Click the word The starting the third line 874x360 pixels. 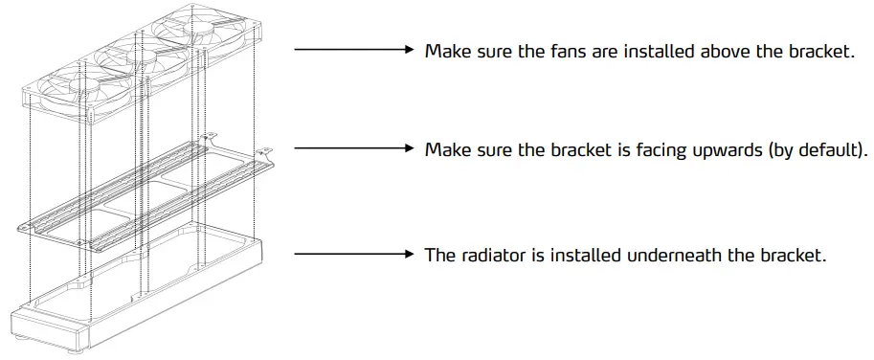pos(440,256)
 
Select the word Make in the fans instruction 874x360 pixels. pos(446,51)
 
